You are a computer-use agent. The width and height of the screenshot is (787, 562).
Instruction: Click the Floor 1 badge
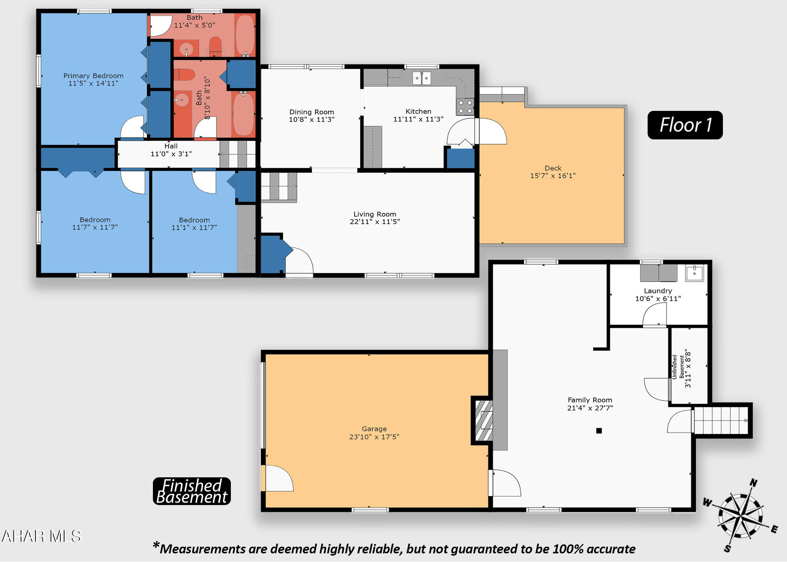685,125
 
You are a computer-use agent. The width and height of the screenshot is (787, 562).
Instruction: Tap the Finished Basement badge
192,491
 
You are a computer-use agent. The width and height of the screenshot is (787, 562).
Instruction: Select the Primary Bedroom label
93,76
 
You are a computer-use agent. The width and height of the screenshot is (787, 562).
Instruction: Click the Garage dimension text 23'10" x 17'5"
374,436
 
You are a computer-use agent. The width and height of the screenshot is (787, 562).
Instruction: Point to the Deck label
553,168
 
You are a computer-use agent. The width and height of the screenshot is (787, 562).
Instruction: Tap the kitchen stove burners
465,107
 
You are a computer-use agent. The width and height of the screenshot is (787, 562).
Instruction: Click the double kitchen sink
422,78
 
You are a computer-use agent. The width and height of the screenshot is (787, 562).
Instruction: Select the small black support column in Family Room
599,431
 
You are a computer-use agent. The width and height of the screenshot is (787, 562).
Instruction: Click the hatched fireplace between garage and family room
484,420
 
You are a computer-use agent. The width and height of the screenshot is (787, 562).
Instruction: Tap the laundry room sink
694,273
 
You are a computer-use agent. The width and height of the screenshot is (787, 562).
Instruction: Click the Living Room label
375,214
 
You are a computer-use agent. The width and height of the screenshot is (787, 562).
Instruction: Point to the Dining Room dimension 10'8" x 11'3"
312,120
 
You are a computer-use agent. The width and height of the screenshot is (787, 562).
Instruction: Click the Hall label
171,146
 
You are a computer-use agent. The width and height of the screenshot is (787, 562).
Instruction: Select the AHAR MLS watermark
41,536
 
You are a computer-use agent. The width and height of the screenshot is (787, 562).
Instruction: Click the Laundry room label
658,291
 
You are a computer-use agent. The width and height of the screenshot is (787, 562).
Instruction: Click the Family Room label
590,400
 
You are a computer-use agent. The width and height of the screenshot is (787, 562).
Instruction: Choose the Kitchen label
418,111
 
